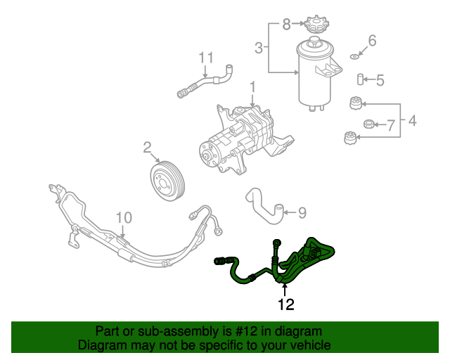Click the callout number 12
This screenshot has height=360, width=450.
(x=285, y=305)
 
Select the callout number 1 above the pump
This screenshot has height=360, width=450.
(x=251, y=87)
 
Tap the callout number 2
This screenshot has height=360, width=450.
(x=148, y=148)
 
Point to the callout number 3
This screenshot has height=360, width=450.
(x=412, y=121)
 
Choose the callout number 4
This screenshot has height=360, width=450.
(x=380, y=80)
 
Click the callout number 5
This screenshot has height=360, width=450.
(x=373, y=41)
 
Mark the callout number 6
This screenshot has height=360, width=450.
(x=390, y=126)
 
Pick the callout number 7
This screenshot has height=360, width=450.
(x=286, y=25)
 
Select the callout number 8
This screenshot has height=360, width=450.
(x=302, y=211)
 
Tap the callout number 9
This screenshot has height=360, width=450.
(x=124, y=217)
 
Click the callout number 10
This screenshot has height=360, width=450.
(x=205, y=57)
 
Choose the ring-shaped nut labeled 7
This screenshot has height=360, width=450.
(x=368, y=125)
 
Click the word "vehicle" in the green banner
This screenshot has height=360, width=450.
(x=311, y=345)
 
